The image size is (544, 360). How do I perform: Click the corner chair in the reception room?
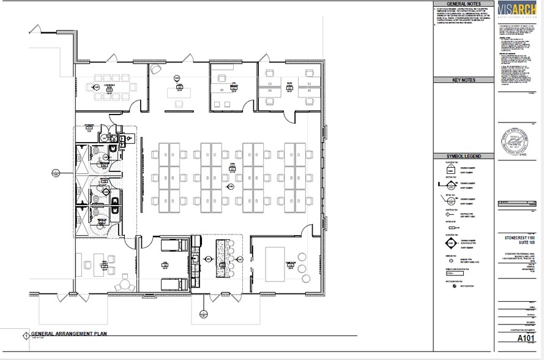pyautogui.click(x=158, y=68)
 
